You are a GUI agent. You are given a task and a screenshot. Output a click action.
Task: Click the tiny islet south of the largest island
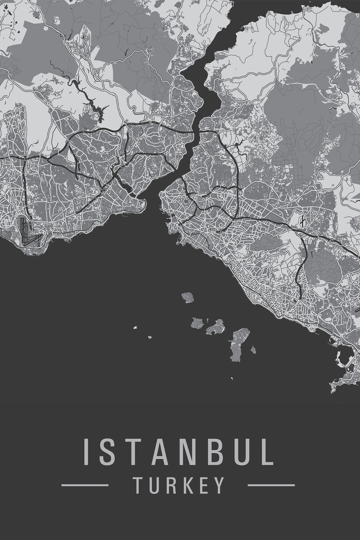coord(231,378)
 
